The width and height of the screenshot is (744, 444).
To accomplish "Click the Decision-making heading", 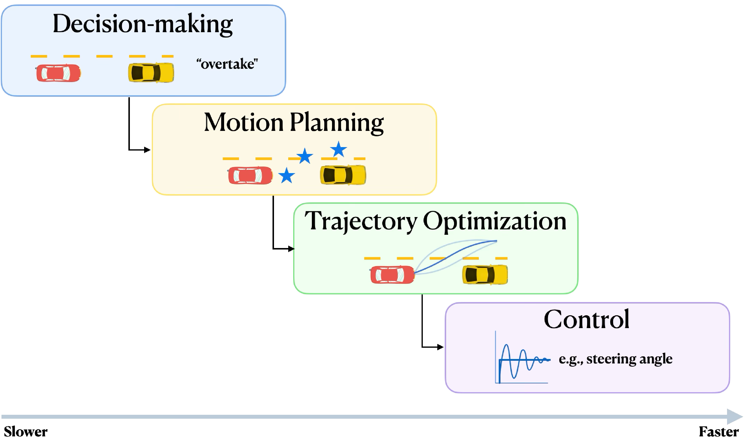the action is [143, 25].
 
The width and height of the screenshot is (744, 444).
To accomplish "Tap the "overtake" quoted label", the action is [227, 64].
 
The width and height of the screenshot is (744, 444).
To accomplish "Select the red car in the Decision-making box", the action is [58, 73].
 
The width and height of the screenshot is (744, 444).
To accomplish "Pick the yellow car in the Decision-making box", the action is [151, 72].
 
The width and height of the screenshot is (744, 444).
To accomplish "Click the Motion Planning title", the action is [294, 123].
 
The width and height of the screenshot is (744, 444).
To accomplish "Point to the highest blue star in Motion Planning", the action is [338, 149].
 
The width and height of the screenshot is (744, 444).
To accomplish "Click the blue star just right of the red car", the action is [287, 175].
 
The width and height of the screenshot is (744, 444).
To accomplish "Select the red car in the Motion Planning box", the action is [250, 175].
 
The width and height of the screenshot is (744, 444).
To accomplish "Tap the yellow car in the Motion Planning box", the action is [343, 175].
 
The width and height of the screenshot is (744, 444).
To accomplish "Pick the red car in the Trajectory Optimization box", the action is [392, 275].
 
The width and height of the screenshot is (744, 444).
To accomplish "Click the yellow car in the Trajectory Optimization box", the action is [485, 274].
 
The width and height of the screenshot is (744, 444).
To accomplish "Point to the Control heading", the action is [586, 319].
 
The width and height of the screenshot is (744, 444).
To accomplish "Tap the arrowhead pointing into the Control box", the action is [440, 347].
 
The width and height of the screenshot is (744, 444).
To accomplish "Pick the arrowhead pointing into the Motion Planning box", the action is [147, 150].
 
